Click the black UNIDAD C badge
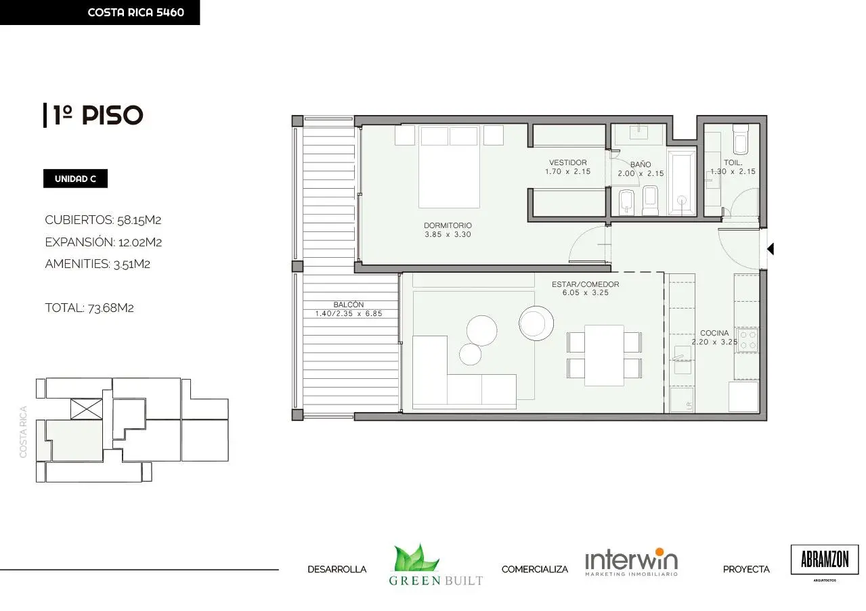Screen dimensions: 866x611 pos(75,179)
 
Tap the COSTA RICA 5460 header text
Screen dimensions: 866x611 pos(135,12)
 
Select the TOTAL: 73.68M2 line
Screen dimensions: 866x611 pos(89,308)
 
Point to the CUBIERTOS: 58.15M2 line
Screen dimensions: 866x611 pos(103,220)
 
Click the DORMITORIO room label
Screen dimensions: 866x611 pos(448,225)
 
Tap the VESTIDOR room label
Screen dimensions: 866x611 pos(568,162)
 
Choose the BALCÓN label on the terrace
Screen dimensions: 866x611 pos(348,304)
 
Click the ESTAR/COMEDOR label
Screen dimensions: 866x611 pos(585,284)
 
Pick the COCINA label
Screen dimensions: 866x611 pos(714,333)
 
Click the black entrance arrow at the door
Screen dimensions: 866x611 pos(771,249)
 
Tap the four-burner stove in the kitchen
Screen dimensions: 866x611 pos(747,340)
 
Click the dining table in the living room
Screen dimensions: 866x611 pos(604,355)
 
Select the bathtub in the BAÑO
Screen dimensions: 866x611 pos(682,183)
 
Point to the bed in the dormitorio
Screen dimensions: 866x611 pos(449,166)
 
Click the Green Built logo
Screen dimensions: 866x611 pos(435,564)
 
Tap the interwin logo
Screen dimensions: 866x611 pos(631,562)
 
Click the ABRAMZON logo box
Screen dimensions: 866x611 pos(825,559)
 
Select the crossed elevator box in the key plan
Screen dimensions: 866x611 pos(87,409)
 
